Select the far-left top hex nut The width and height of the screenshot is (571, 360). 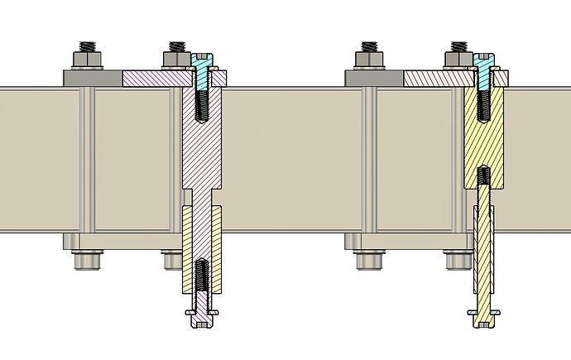86,59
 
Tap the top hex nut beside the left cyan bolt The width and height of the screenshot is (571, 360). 176,59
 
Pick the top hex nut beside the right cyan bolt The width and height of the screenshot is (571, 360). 458,59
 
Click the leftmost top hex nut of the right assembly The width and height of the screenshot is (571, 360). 367,59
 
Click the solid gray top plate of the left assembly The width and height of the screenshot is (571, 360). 91,79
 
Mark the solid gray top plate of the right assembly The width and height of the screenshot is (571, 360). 372,79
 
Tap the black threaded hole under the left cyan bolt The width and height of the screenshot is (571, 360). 201,105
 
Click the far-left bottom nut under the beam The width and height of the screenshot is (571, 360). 86,260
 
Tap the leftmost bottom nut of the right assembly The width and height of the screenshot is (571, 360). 367,260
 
